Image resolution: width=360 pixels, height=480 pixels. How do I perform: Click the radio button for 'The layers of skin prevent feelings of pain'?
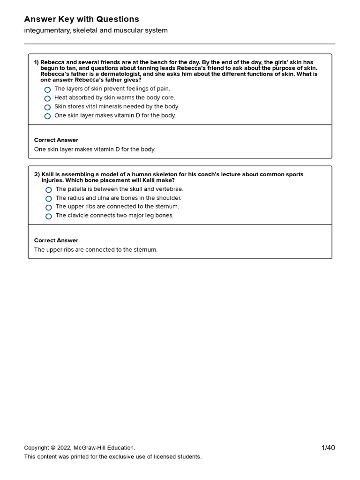pyautogui.click(x=47, y=90)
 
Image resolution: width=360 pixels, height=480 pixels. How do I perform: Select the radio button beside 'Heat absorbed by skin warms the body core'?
pyautogui.click(x=47, y=98)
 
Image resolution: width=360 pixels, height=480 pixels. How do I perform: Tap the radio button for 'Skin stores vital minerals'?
pyautogui.click(x=47, y=107)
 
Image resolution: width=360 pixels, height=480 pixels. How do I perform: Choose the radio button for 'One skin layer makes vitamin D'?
pyautogui.click(x=47, y=116)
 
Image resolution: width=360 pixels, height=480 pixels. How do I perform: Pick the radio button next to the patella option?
pyautogui.click(x=49, y=190)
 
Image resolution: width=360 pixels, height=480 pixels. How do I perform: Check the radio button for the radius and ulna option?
pyautogui.click(x=49, y=199)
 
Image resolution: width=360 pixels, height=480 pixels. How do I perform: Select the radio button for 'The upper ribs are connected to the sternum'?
pyautogui.click(x=49, y=207)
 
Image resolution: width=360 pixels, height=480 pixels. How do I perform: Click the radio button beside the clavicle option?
pyautogui.click(x=49, y=216)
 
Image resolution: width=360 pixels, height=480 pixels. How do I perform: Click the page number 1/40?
pyautogui.click(x=328, y=448)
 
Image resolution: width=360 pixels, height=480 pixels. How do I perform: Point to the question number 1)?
pyautogui.click(x=36, y=62)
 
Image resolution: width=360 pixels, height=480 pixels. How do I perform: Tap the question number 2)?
pyautogui.click(x=37, y=174)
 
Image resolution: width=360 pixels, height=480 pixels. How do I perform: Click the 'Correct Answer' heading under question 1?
pyautogui.click(x=56, y=140)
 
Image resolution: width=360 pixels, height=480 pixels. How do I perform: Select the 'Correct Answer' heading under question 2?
pyautogui.click(x=56, y=240)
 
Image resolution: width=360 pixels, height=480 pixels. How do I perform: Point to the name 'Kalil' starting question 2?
pyautogui.click(x=49, y=174)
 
